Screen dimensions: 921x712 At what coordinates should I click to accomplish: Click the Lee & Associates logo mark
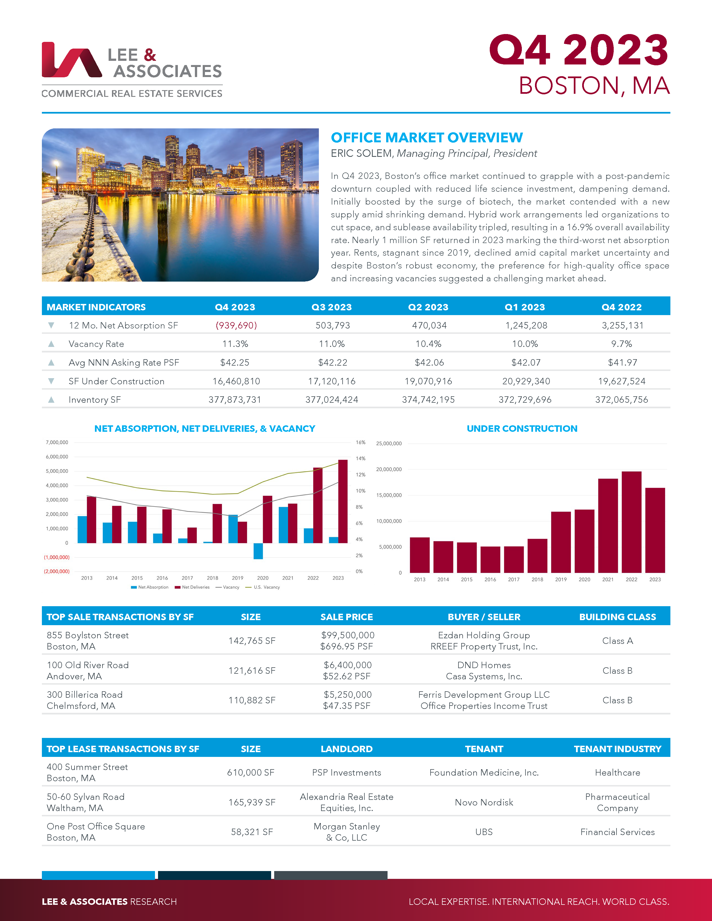[x=71, y=60]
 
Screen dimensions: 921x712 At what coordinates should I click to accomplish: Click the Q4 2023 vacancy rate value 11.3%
[x=235, y=344]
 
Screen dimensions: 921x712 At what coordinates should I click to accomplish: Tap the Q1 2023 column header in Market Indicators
[x=525, y=307]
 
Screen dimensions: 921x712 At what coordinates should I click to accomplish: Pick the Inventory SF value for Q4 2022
[x=621, y=400]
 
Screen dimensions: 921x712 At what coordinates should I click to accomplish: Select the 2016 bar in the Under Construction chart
[x=490, y=559]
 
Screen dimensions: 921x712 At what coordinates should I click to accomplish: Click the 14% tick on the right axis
[x=360, y=458]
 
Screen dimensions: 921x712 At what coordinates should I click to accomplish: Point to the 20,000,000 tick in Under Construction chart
[x=389, y=469]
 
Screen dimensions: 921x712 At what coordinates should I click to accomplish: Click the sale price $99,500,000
[x=348, y=635]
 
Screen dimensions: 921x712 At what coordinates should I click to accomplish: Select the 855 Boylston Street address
[x=88, y=635]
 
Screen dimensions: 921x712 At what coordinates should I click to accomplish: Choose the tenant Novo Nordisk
[x=484, y=802]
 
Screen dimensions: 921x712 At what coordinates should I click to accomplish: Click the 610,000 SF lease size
[x=250, y=773]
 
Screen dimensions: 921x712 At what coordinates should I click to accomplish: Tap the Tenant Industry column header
[x=618, y=749]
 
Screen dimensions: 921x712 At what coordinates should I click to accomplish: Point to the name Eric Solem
[x=361, y=153]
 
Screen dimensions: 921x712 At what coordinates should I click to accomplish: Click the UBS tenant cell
[x=484, y=832]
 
